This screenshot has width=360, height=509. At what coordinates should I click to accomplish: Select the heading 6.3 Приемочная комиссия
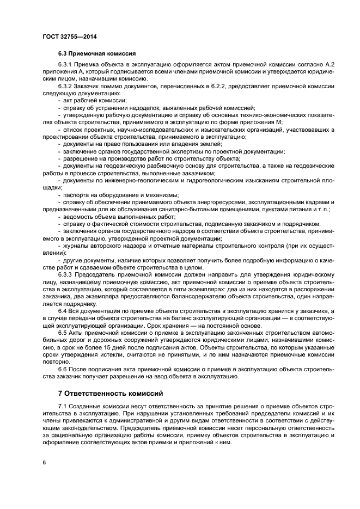(97, 54)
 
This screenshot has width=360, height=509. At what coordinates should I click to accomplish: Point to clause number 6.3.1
(66, 65)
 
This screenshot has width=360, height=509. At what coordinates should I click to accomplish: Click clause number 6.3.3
(66, 274)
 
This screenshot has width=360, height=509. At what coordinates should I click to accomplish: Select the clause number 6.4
(63, 310)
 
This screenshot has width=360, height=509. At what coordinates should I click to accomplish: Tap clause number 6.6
(63, 369)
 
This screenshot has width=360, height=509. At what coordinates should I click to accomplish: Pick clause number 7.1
(63, 406)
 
